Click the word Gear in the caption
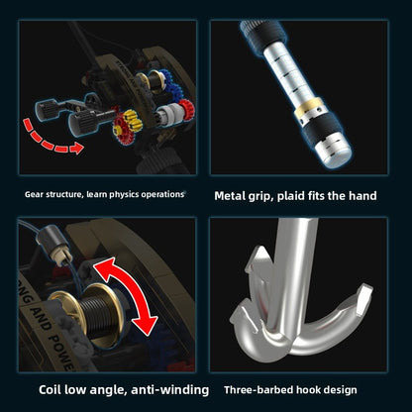pos(34,194)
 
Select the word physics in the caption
pos(124,195)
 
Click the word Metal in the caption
pos(229,196)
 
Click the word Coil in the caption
pos(50,390)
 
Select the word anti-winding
pos(170,390)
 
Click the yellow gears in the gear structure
pos(131,120)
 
